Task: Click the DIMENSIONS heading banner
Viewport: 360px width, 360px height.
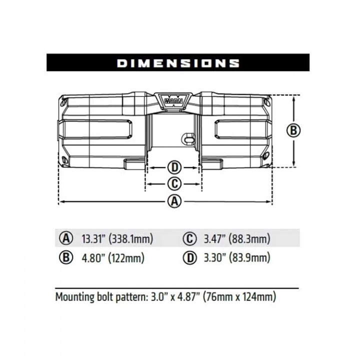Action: click(x=178, y=62)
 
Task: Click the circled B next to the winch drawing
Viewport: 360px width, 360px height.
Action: click(x=294, y=130)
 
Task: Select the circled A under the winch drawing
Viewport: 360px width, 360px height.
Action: click(x=173, y=201)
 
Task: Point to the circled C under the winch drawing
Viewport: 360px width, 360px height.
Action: click(x=173, y=183)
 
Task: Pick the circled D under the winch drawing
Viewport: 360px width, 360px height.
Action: click(x=173, y=167)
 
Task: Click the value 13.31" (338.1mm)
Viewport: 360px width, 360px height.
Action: click(x=117, y=238)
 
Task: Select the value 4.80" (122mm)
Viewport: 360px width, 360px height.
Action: click(x=112, y=258)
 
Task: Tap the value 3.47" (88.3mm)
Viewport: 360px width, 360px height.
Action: click(x=236, y=238)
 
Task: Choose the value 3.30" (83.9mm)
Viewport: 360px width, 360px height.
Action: click(x=236, y=258)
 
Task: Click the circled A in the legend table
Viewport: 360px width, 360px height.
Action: click(x=66, y=238)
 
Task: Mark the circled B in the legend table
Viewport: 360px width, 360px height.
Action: click(x=66, y=258)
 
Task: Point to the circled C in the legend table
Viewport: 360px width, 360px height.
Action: click(x=189, y=238)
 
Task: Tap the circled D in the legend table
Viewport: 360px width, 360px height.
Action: click(x=189, y=258)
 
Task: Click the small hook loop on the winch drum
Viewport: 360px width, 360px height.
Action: click(x=188, y=138)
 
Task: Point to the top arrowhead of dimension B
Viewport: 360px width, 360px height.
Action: click(x=294, y=98)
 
